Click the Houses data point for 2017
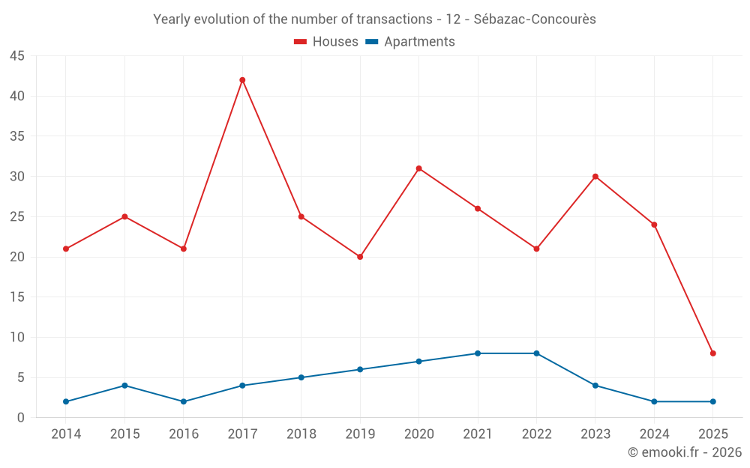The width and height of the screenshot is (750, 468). click(242, 80)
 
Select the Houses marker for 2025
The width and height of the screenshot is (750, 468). click(713, 353)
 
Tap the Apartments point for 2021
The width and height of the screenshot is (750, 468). click(478, 353)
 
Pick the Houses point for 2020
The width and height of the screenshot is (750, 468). click(419, 168)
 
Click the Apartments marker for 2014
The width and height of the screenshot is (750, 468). click(66, 401)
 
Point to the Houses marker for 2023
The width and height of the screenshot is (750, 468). click(595, 177)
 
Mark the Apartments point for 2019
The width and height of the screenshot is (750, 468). click(360, 369)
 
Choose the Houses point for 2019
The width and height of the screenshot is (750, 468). click(360, 257)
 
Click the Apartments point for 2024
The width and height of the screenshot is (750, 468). click(654, 401)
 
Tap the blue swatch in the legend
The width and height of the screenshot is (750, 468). click(371, 42)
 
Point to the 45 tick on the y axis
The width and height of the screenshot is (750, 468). click(16, 56)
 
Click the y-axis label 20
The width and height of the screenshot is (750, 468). click(16, 257)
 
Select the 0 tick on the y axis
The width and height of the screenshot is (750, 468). click(20, 418)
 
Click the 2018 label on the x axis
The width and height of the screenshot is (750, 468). click(301, 434)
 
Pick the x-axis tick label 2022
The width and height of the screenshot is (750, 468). click(536, 434)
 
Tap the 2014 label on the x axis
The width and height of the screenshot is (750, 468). click(66, 434)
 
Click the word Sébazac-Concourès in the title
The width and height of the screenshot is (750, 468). click(535, 19)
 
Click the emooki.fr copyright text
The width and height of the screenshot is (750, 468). click(684, 452)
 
